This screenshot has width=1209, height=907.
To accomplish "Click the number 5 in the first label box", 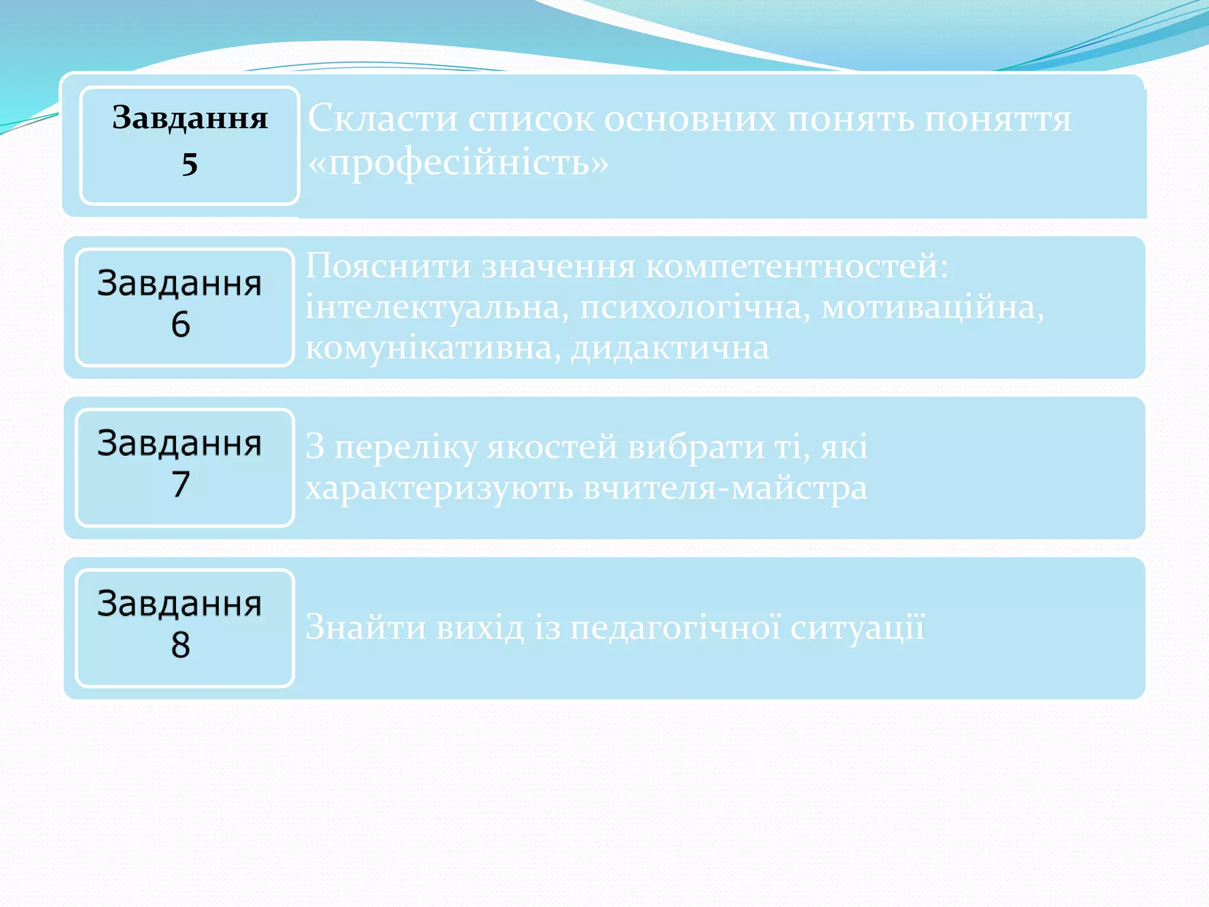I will pyautogui.click(x=189, y=164).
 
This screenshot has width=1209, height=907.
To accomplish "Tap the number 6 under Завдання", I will pyautogui.click(x=181, y=325).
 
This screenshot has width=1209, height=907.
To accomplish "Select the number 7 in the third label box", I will pyautogui.click(x=181, y=485).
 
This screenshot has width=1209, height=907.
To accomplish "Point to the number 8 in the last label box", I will pyautogui.click(x=181, y=645).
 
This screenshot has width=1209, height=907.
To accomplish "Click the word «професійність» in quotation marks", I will pyautogui.click(x=458, y=162).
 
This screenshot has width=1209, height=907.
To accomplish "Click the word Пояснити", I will pyautogui.click(x=388, y=266).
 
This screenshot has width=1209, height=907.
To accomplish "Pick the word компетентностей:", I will pyautogui.click(x=797, y=266).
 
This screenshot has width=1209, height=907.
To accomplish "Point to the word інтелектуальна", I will pyautogui.click(x=437, y=307).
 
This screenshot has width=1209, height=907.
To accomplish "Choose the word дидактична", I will pyautogui.click(x=670, y=348).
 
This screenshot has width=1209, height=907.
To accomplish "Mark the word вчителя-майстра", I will pyautogui.click(x=725, y=488).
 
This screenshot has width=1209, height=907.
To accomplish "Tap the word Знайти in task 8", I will pyautogui.click(x=365, y=627).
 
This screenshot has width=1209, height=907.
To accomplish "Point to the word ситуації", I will pyautogui.click(x=857, y=627).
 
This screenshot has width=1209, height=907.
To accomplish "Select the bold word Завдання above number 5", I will pyautogui.click(x=189, y=118).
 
